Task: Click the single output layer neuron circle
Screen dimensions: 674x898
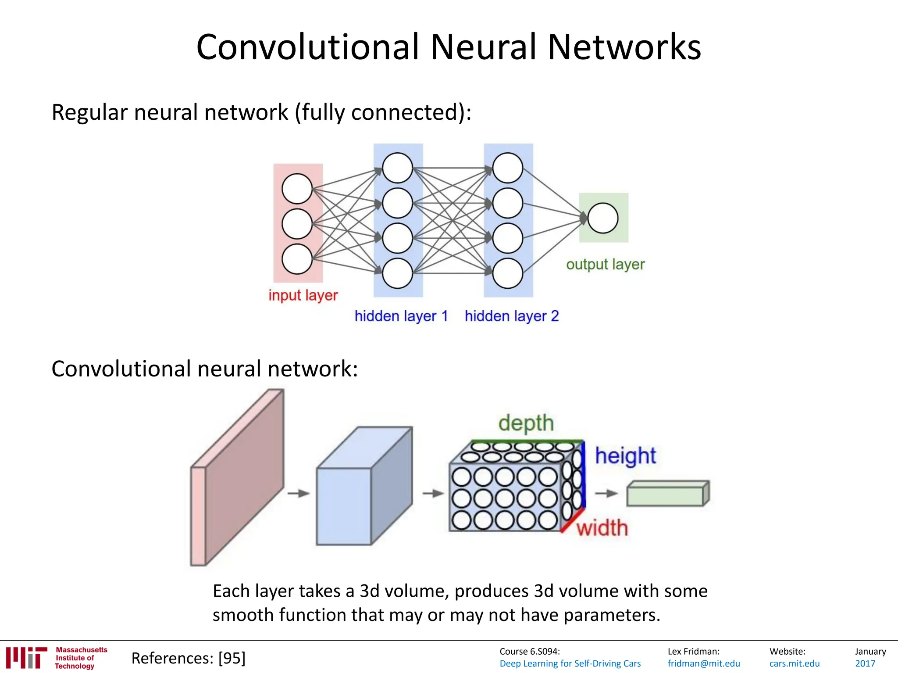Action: [x=603, y=218]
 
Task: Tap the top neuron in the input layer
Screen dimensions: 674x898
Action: [x=297, y=189]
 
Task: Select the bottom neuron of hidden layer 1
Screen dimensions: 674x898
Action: [x=397, y=273]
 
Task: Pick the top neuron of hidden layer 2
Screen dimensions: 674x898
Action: [x=508, y=168]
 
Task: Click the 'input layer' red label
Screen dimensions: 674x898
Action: [x=303, y=295]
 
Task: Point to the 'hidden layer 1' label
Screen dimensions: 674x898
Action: [x=401, y=316]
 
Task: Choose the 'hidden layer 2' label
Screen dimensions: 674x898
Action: [x=512, y=316]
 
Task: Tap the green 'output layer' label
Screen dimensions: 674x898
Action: [x=605, y=264]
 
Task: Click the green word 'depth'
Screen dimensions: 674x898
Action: [x=526, y=423]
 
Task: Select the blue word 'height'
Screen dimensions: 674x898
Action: [x=625, y=456]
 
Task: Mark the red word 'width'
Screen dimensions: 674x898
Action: [x=602, y=527]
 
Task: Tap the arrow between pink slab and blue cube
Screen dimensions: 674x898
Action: [x=299, y=493]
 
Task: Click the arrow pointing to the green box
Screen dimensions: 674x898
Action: [x=606, y=493]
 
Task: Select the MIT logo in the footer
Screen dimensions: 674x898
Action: [x=26, y=657]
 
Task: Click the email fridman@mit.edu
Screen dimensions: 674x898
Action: [x=703, y=663]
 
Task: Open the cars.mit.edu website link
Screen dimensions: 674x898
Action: [x=794, y=663]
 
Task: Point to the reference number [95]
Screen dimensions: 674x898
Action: [x=232, y=658]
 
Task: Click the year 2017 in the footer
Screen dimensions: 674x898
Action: [x=865, y=663]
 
